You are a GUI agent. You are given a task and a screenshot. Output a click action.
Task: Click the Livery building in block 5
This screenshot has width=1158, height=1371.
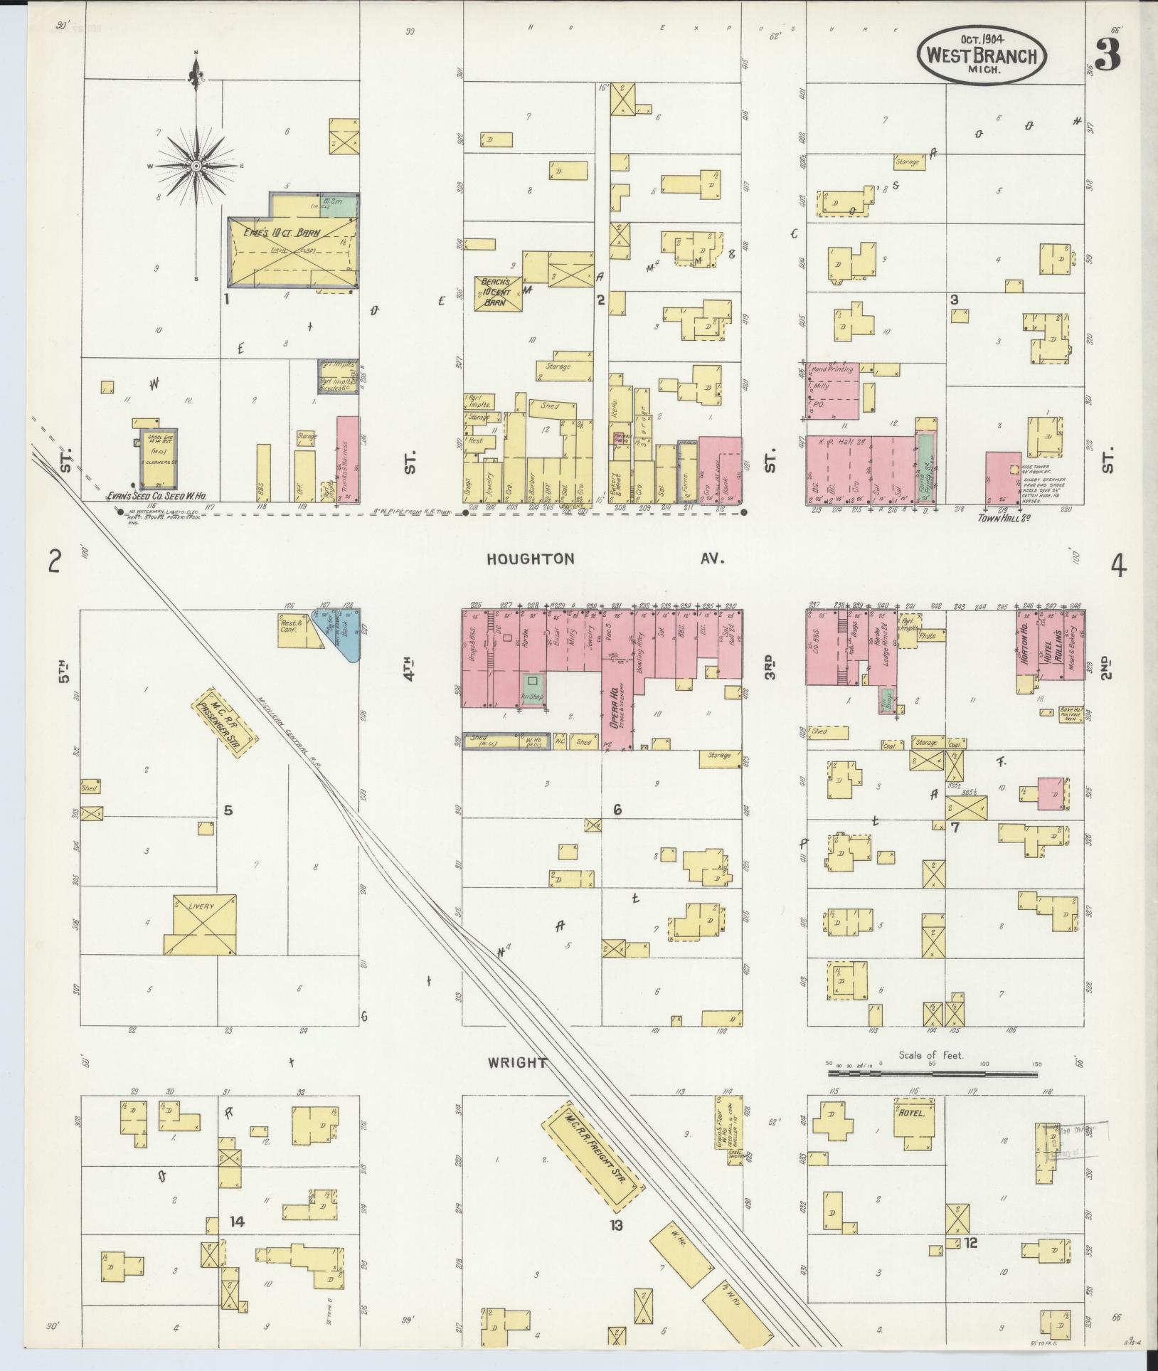pos(201,923)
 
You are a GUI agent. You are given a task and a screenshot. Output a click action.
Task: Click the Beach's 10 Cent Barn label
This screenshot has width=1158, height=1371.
pos(498,292)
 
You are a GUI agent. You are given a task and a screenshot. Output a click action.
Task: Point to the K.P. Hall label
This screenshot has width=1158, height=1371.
pos(831,442)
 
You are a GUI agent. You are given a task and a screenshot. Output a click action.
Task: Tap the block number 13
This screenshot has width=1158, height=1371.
pos(615,1224)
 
